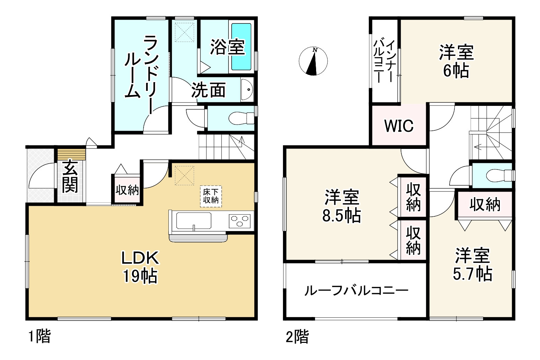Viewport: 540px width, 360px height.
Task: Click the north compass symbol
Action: [x=314, y=61]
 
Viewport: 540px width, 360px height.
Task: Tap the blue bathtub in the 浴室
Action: [x=241, y=47]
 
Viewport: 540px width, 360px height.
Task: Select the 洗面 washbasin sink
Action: [x=247, y=89]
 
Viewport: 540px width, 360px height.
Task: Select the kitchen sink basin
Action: [x=194, y=221]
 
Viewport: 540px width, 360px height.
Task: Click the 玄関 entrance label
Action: [x=70, y=176]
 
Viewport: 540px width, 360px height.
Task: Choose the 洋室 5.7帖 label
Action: [x=472, y=265]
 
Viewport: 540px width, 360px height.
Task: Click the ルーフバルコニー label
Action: [x=356, y=290]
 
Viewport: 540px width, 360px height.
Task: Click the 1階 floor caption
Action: [x=39, y=337]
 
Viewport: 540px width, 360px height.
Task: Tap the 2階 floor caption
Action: [x=297, y=337]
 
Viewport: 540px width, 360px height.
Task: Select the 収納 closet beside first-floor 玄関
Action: [x=127, y=190]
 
